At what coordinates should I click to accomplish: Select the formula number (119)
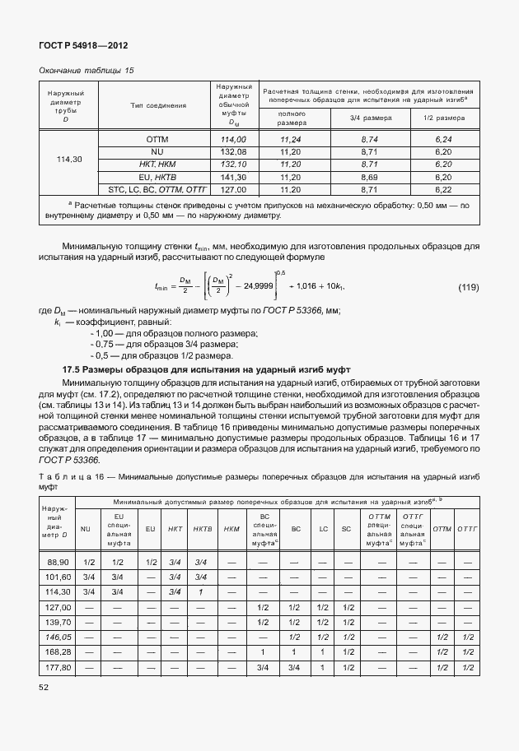pyautogui.click(x=467, y=287)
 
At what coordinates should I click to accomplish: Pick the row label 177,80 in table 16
pyautogui.click(x=58, y=666)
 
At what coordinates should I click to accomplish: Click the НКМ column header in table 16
pyautogui.click(x=231, y=528)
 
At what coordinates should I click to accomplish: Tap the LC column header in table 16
pyautogui.click(x=324, y=528)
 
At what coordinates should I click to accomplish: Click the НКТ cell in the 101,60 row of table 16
pyautogui.click(x=175, y=577)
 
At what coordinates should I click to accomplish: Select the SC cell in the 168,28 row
pyautogui.click(x=348, y=651)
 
